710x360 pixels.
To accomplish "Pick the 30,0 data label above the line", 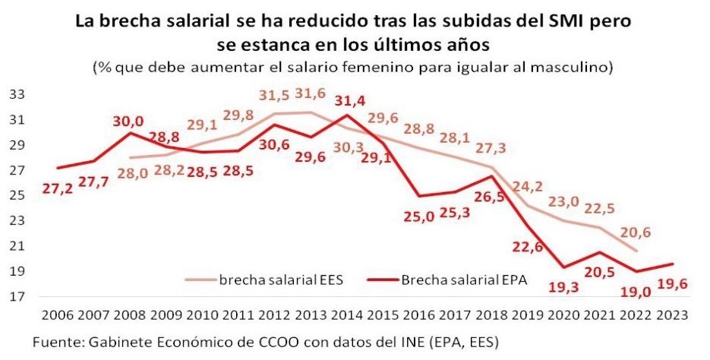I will click(129, 120).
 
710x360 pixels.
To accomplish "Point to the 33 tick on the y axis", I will click(16, 95).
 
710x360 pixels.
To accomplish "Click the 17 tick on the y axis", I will click(16, 296).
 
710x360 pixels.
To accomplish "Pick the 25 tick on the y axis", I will click(16, 195).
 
